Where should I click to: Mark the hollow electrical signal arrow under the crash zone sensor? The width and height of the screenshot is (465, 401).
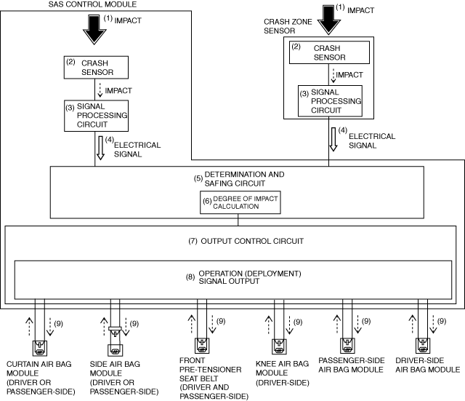tap(333, 138)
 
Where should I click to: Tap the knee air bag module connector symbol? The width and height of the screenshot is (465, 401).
tap(278, 346)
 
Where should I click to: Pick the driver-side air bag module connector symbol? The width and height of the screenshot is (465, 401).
tap(421, 345)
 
